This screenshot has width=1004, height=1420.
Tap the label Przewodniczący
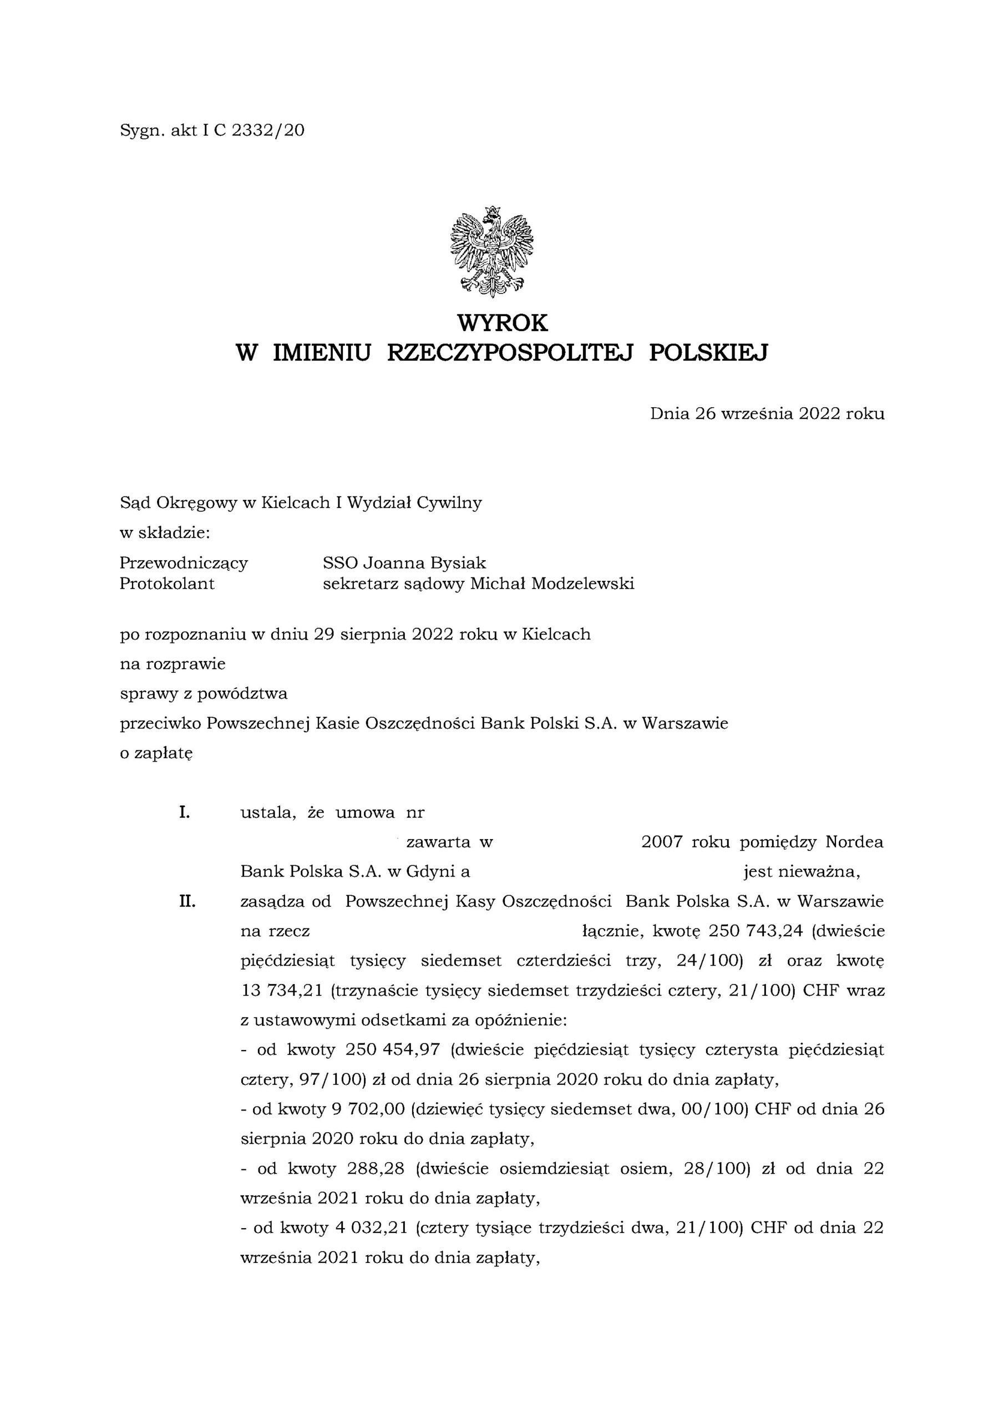tap(183, 563)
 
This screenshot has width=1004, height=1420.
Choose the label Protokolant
tap(167, 583)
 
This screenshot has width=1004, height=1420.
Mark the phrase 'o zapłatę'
tap(156, 753)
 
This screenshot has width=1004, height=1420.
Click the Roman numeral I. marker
tap(184, 812)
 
